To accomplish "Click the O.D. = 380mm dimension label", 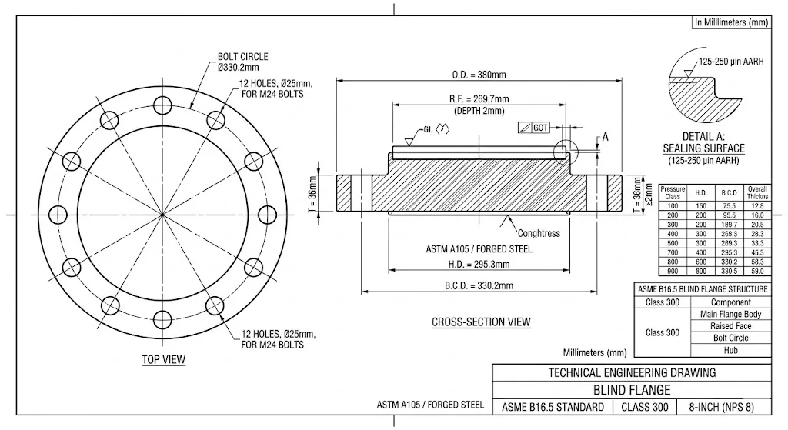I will (479, 75).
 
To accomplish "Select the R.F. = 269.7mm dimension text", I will (479, 99).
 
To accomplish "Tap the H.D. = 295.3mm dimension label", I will (479, 264).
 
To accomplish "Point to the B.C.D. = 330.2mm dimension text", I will (479, 285).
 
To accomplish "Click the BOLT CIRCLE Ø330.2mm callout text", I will (242, 62).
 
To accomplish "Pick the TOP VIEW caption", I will (163, 359).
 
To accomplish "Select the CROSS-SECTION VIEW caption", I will (481, 322).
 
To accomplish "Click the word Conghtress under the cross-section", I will (539, 233).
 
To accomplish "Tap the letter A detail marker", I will (605, 137).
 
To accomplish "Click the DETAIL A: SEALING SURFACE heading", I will (703, 142).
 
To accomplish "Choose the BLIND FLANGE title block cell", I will (632, 390).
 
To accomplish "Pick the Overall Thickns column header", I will (757, 192).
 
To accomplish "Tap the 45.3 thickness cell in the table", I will (757, 252).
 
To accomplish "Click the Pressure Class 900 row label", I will (673, 272).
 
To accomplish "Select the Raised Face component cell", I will (730, 326).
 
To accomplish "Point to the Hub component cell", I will (730, 350).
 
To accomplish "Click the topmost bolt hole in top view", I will (162, 104).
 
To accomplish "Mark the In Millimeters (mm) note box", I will (731, 22).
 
